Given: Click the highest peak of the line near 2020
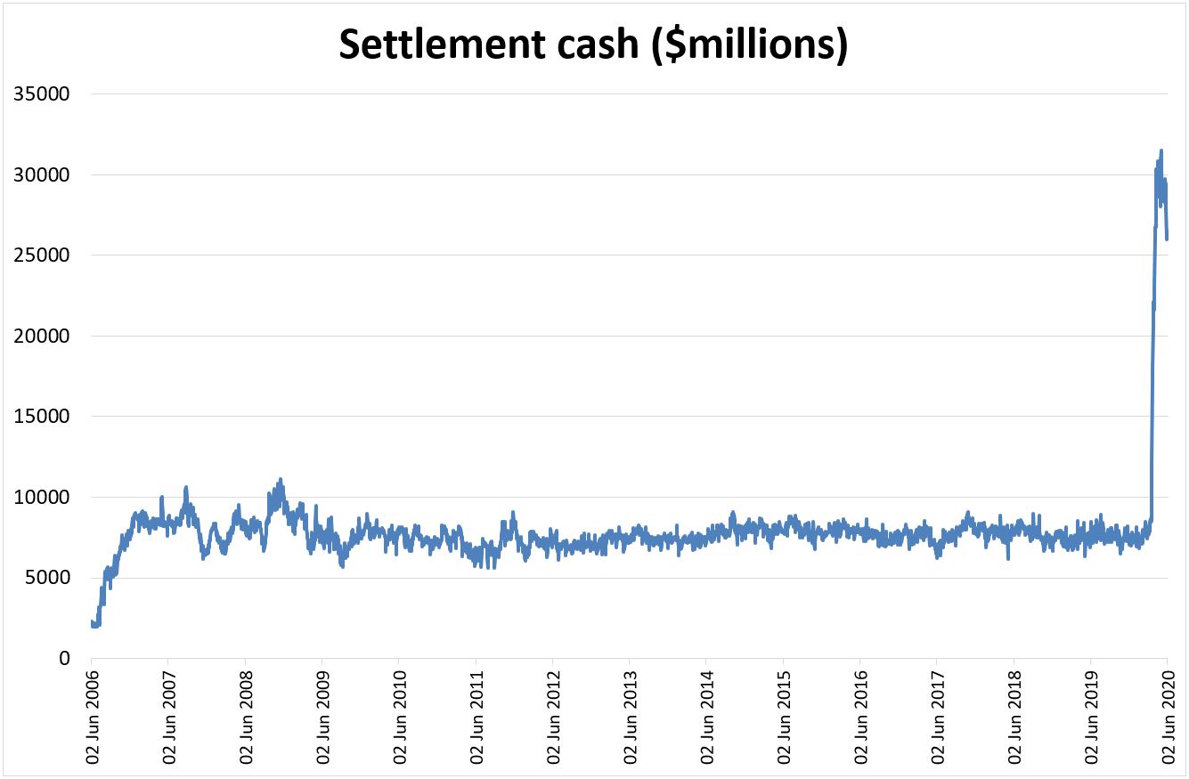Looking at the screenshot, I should click(1160, 150).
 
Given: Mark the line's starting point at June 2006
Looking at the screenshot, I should click(92, 622).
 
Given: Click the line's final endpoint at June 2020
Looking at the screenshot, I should click(1167, 239).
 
